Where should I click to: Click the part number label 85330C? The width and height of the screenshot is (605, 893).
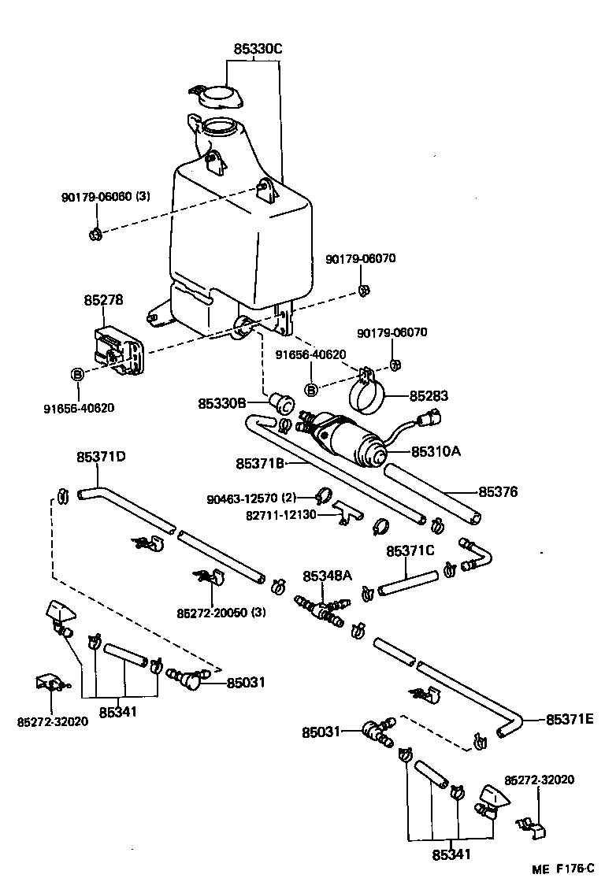tap(257, 49)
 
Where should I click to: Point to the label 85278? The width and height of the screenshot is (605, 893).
tap(103, 300)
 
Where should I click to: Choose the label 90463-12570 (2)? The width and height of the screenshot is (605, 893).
tap(250, 499)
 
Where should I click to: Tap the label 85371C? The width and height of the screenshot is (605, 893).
tap(410, 550)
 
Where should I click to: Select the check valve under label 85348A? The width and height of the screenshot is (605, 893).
tap(322, 611)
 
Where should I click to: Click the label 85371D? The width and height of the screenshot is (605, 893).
tap(102, 456)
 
